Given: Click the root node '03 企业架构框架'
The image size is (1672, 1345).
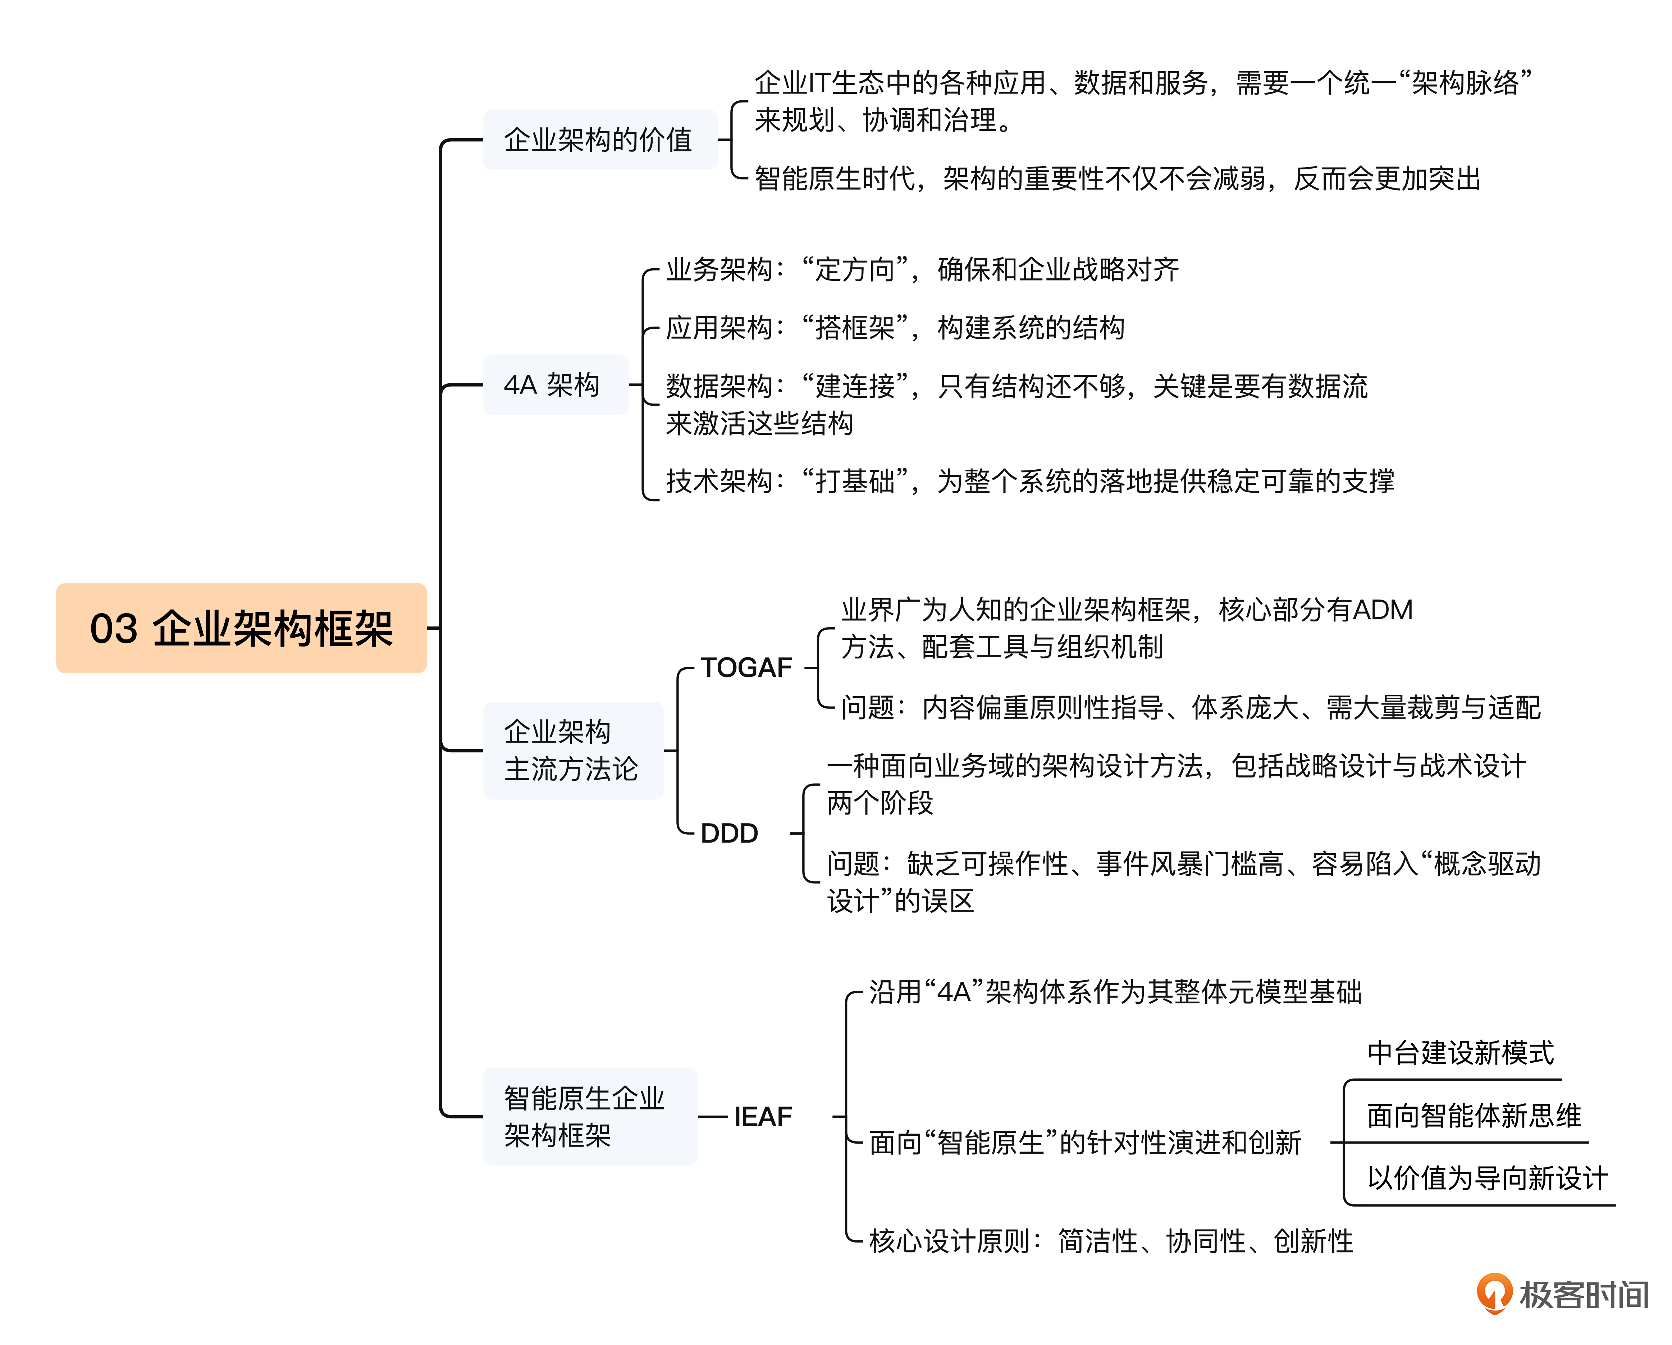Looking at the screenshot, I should point(241,628).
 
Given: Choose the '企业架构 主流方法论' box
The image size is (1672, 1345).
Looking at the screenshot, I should point(572,750).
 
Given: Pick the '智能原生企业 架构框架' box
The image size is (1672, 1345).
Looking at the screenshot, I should point(589,1116).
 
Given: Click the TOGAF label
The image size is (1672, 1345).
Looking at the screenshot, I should point(746,667).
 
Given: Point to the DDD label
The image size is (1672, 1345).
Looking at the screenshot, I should point(729,833).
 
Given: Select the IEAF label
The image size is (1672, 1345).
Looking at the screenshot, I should point(763,1116).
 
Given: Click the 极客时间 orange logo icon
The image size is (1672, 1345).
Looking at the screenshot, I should point(1493,1294).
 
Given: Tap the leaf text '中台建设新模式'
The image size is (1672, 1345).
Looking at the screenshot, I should point(1460,1053).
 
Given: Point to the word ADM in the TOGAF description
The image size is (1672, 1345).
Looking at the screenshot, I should point(1382,610).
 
